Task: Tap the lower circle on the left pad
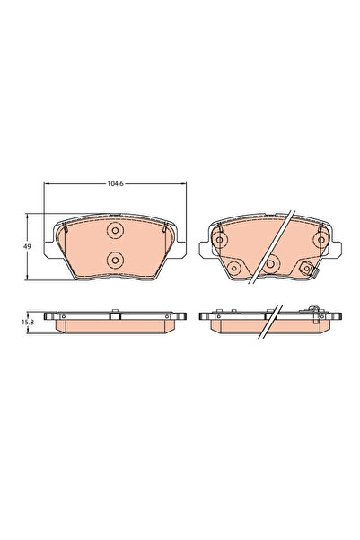114,261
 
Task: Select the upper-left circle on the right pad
220,238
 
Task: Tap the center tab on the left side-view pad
114,314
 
